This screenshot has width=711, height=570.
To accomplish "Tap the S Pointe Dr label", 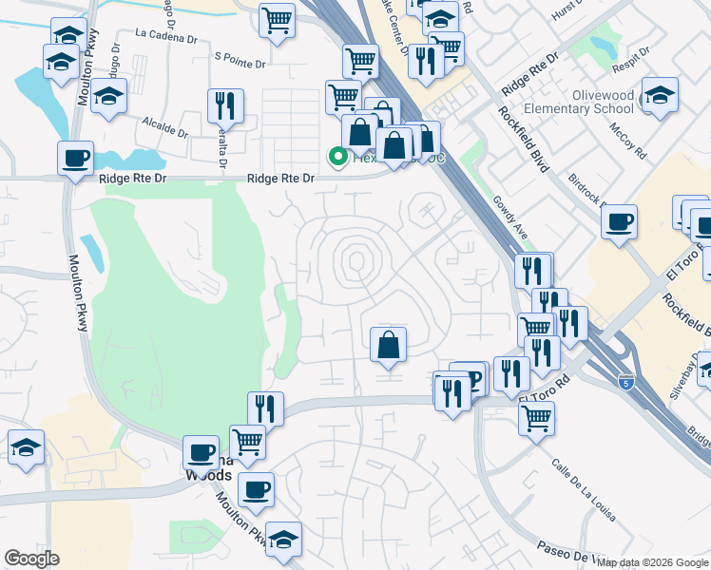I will click(x=242, y=57).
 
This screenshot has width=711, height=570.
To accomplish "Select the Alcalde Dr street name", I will click(x=165, y=123).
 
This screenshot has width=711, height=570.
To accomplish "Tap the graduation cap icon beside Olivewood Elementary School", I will click(x=660, y=94).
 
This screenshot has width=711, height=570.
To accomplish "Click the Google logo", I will click(x=31, y=559).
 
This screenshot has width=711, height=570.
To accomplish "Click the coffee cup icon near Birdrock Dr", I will click(x=620, y=221).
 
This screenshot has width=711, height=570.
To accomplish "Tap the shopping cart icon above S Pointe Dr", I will click(x=277, y=17).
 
